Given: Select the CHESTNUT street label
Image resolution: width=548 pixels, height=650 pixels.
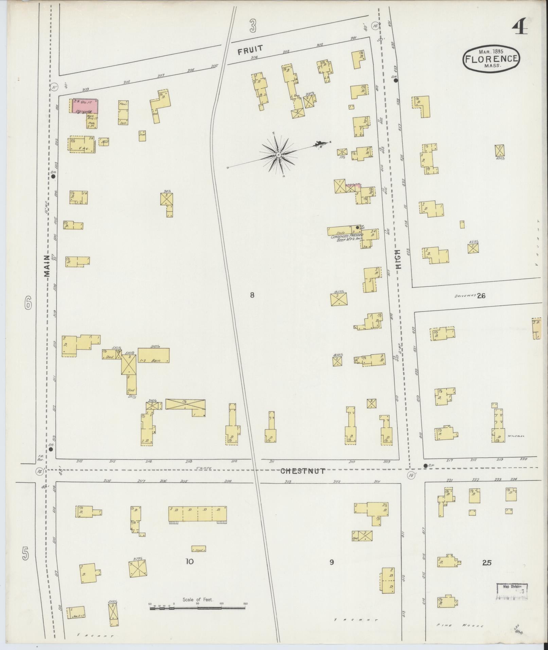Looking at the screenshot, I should [x=303, y=471].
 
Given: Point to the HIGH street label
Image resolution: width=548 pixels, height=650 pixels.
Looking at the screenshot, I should [x=398, y=260].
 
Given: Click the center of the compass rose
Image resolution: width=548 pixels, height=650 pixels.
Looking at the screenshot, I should [x=278, y=155].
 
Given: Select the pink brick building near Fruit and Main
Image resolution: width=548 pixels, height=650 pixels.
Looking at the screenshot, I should [x=85, y=106].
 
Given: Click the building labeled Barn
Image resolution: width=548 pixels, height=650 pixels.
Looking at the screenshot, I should [x=154, y=355].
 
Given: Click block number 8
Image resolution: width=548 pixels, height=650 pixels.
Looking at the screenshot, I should [x=252, y=295].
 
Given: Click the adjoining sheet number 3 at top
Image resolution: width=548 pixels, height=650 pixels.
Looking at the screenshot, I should [x=252, y=26].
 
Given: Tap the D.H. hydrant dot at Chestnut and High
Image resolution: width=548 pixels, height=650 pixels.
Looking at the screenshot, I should [x=425, y=465].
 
